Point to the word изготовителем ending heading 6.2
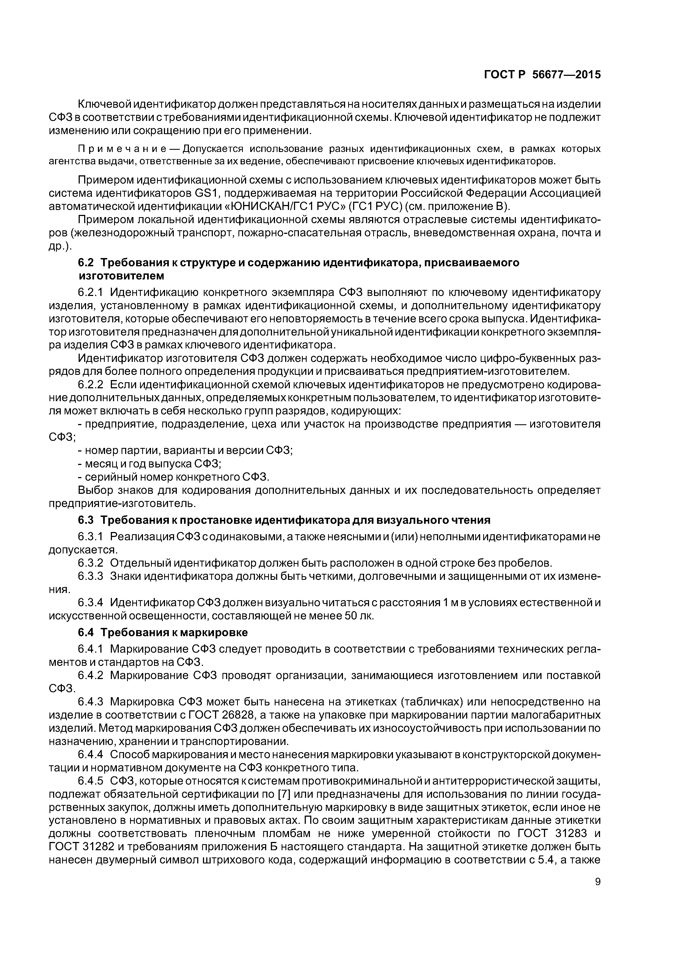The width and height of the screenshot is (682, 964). pyautogui.click(x=122, y=276)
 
